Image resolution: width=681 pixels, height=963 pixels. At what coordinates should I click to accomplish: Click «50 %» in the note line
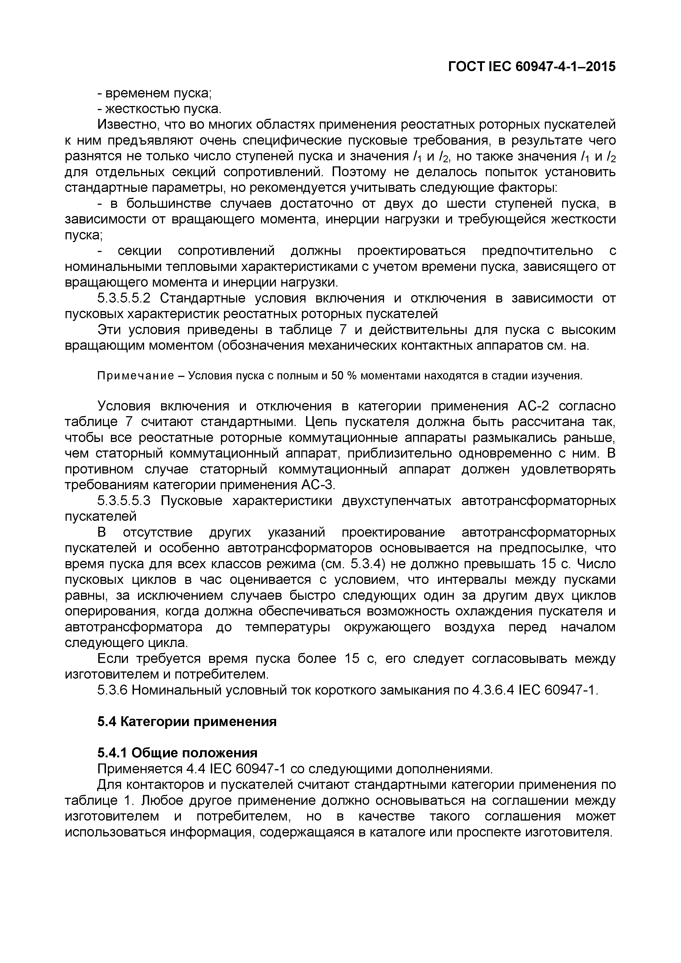[x=343, y=376]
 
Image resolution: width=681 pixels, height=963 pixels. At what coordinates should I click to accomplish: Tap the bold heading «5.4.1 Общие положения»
[x=177, y=753]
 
